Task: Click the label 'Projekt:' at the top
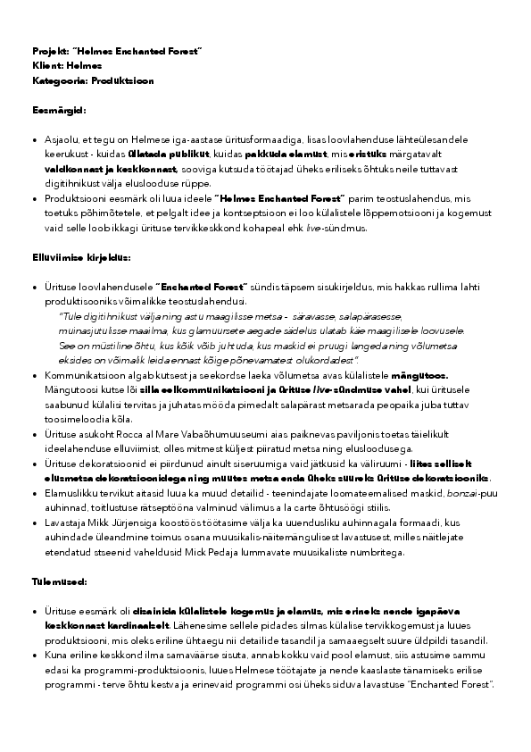point(50,53)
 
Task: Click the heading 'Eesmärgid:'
point(58,110)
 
